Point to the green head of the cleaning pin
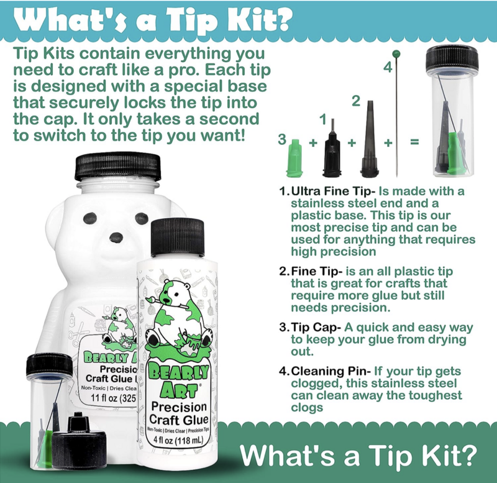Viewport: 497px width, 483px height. coord(396,53)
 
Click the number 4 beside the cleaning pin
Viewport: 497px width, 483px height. coord(388,68)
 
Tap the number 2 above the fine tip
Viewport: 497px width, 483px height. coord(356,101)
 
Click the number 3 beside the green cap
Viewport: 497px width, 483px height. coord(282,139)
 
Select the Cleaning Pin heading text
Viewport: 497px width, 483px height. coord(331,370)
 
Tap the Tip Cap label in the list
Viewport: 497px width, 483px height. coord(316,328)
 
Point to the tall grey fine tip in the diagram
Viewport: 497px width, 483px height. coord(370,139)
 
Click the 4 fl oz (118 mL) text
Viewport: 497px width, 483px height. coord(177,440)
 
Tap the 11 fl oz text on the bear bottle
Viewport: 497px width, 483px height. coord(113,397)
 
